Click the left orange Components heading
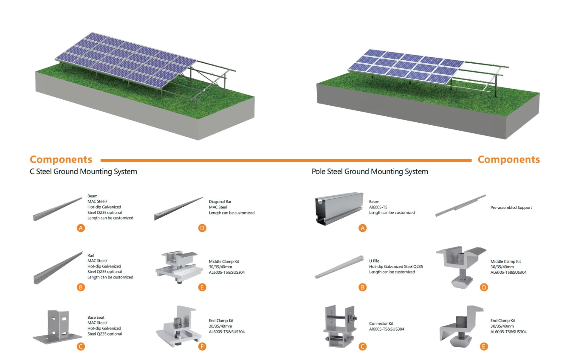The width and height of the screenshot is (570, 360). (61, 160)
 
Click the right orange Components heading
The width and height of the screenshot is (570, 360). (508, 160)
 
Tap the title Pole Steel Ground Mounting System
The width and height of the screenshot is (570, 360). (370, 172)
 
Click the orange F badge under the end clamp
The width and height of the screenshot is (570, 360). (202, 346)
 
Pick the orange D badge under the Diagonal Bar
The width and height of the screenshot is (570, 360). (202, 228)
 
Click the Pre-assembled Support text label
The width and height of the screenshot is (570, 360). (511, 208)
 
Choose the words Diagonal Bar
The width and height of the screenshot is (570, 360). (220, 202)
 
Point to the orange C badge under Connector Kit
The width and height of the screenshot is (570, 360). (362, 346)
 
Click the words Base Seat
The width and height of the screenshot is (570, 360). (96, 318)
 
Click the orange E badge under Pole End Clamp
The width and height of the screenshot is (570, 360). (483, 346)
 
